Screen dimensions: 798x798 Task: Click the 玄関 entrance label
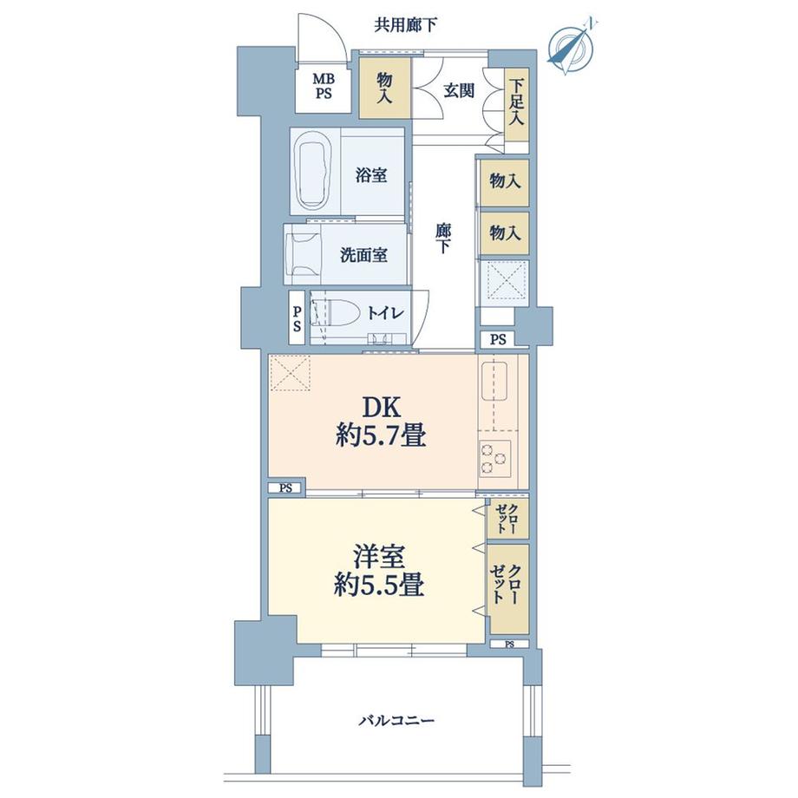[458, 89]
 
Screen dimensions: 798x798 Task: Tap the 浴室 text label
[370, 175]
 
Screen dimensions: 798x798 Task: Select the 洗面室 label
[363, 255]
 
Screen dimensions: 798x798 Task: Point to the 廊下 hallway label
[442, 238]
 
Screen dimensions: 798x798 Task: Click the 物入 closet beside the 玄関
[385, 88]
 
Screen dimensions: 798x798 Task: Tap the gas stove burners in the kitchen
[494, 459]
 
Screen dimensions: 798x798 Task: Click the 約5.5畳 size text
[379, 586]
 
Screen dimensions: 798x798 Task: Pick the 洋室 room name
[379, 554]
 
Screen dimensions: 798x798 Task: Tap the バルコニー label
[396, 720]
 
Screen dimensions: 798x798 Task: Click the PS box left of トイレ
[296, 317]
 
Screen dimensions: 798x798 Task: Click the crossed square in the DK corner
[290, 375]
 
